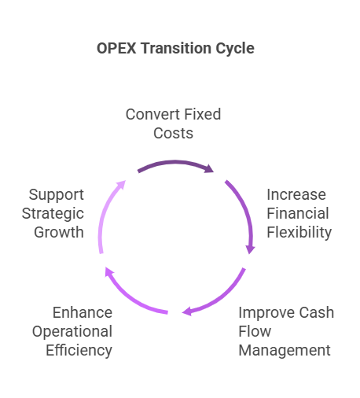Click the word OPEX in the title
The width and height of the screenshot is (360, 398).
(x=116, y=48)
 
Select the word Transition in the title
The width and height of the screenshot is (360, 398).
(x=175, y=48)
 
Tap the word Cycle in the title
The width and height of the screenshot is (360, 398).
(x=235, y=49)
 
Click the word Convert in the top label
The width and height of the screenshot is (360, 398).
(x=152, y=114)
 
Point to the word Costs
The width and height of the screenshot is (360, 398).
(x=173, y=133)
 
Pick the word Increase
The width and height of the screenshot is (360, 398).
(x=296, y=194)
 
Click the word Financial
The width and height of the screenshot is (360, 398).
(x=298, y=213)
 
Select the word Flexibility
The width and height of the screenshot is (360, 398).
(x=299, y=233)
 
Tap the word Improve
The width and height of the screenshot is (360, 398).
(x=266, y=313)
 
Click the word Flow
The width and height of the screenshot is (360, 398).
(x=255, y=331)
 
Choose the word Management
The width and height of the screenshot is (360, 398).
(x=285, y=351)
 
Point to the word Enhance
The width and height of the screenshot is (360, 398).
(x=83, y=312)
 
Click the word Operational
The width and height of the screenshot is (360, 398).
(x=72, y=332)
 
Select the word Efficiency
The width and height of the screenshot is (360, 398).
(x=79, y=351)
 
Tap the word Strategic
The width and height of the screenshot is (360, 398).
(x=53, y=214)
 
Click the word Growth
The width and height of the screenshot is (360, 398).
(x=59, y=232)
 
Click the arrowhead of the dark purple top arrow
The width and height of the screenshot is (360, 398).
(x=209, y=168)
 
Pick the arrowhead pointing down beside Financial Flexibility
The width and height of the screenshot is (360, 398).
(x=250, y=250)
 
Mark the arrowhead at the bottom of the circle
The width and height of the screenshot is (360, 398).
(x=187, y=311)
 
